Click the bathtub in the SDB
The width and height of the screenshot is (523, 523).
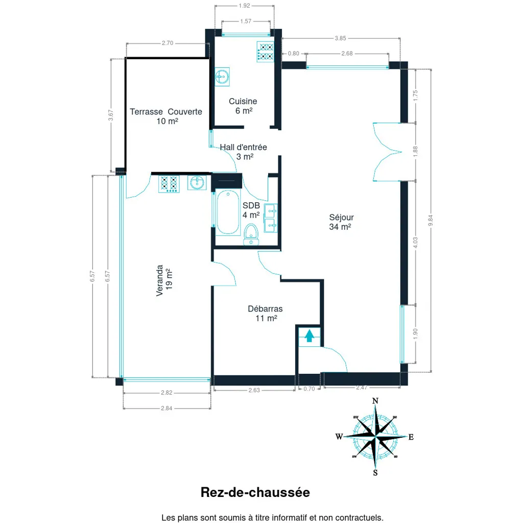pos(228,212)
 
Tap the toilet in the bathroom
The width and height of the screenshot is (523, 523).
pos(251,234)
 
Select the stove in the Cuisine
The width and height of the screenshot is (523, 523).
pos(266,52)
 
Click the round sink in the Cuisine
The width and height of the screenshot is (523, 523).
pos(222,77)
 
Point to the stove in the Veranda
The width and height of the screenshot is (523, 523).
pos(169,184)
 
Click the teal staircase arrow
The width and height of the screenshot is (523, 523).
pos(310,336)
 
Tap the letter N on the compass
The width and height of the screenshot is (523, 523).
pos(375,401)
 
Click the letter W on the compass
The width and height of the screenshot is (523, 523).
pos(339,437)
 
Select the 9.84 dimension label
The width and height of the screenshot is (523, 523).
pos(431,220)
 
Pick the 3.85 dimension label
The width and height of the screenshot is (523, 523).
pos(341,38)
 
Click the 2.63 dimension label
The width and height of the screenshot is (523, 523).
pos(254,390)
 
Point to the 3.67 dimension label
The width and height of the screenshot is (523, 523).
pos(111,115)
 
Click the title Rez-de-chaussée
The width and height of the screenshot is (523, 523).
pos(255,492)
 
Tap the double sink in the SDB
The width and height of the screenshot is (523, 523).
pos(271,218)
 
